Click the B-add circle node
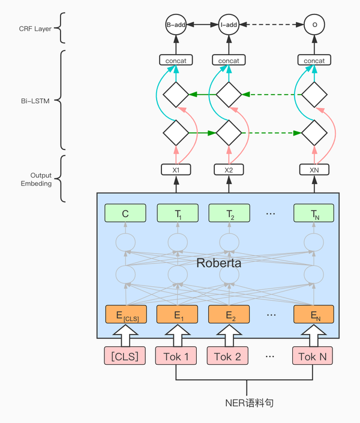(176, 25)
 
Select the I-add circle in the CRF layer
(228, 25)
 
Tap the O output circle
(314, 25)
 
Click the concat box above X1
(176, 61)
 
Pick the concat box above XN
(314, 61)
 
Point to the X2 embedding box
(228, 170)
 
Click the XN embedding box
(314, 170)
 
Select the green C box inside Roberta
(125, 212)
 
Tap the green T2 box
(228, 212)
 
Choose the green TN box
(314, 212)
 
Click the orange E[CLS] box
(125, 314)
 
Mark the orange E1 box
(176, 314)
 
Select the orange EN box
(314, 314)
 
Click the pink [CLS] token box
(125, 356)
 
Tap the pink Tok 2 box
(228, 356)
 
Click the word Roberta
(220, 262)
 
